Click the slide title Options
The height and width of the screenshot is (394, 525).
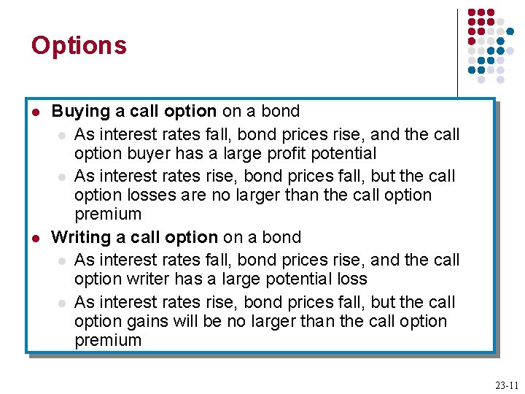click(79, 46)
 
